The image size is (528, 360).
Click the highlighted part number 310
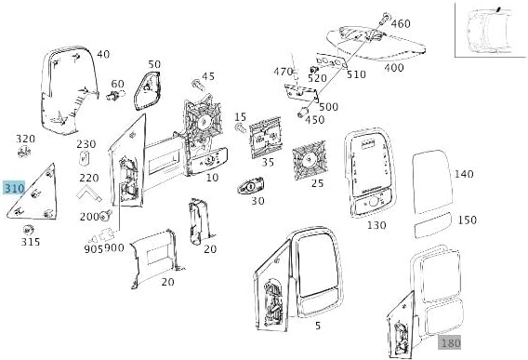pos(14,188)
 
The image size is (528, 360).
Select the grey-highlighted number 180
pos(450,343)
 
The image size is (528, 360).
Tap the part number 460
pos(401,23)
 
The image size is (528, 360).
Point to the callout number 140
pos(464,174)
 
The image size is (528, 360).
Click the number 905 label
pos(93,248)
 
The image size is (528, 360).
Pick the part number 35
pos(268,162)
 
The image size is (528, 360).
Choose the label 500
pos(328,107)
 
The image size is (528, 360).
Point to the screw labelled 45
pos(197,85)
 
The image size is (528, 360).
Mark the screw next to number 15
pos(241,128)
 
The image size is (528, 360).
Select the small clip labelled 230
pos(84,158)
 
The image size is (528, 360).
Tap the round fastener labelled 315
pos(28,230)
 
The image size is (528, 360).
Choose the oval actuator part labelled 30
pos(251,186)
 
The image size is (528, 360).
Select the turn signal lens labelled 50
pos(147,90)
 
